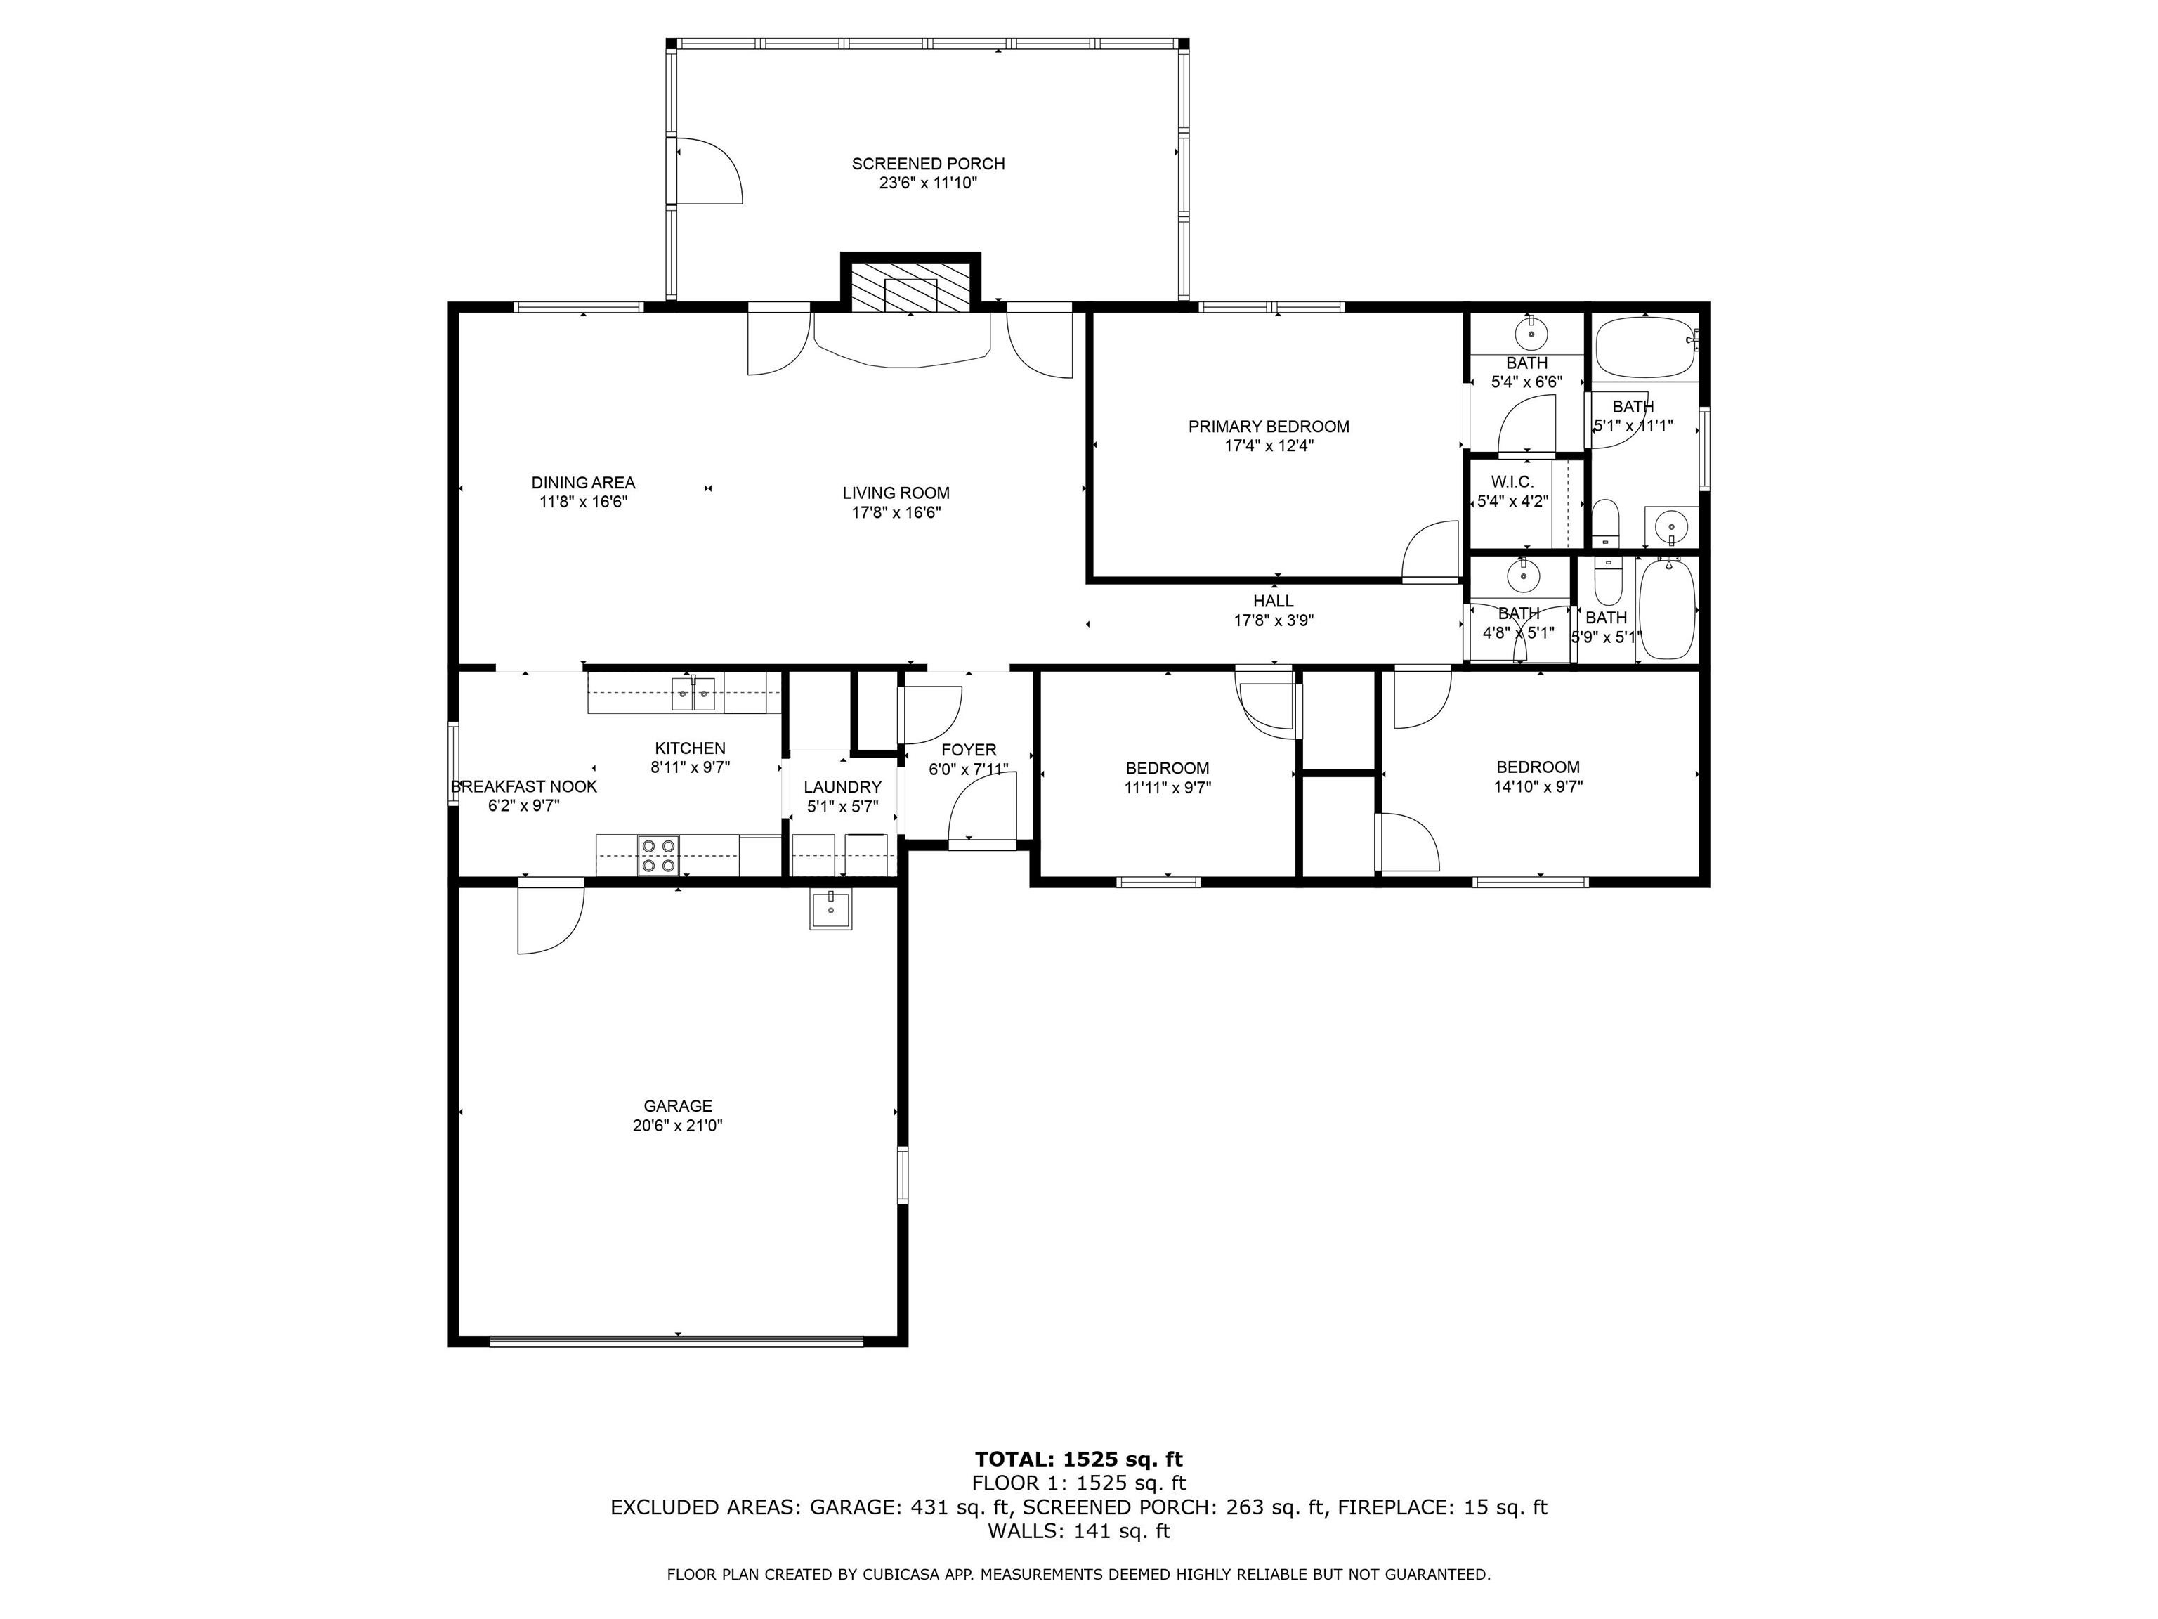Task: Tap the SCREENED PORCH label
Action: (928, 164)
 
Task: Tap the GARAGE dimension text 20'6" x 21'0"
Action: (677, 1125)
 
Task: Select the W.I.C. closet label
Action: (1512, 482)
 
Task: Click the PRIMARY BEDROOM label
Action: (1268, 427)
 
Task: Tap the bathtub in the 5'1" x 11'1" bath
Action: (1644, 346)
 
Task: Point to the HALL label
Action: (1273, 601)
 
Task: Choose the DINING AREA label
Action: (582, 482)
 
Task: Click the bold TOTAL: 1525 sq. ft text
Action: (1078, 1459)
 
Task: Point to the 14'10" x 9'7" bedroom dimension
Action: (1538, 786)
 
